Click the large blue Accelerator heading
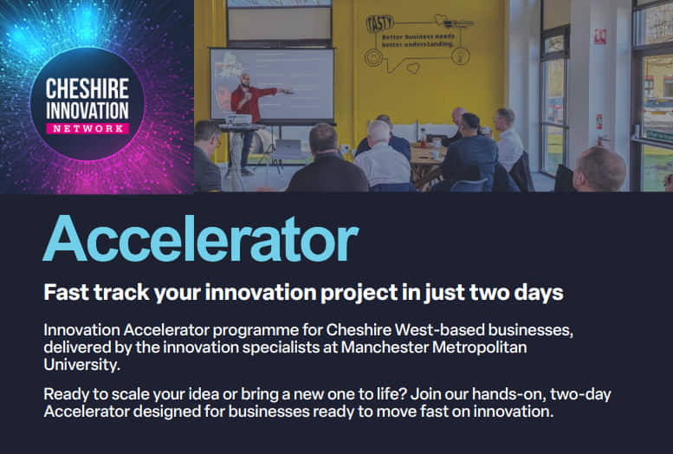200,239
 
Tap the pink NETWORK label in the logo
88,128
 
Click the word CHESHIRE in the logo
87,89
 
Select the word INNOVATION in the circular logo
87,110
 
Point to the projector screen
272,85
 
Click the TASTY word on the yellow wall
380,23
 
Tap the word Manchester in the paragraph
385,347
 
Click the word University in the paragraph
81,365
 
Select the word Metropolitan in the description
480,347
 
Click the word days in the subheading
538,293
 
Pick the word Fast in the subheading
67,293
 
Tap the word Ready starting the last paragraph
64,395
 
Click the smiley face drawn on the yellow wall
373,57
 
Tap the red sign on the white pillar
600,36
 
